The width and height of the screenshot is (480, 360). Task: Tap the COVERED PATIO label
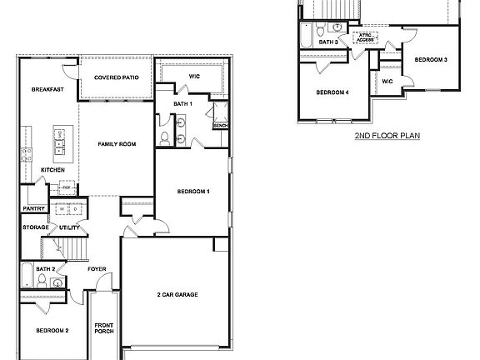coord(116,77)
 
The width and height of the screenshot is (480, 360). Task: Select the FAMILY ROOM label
coord(116,144)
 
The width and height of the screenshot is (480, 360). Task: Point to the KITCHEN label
coord(52,170)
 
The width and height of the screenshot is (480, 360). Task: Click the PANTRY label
coord(33,209)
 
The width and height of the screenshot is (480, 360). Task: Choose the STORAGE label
coord(35,227)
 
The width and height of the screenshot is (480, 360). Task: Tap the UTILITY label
coord(69,227)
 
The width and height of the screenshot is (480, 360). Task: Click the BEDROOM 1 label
coord(193,192)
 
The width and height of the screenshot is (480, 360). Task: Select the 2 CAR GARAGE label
coord(177,294)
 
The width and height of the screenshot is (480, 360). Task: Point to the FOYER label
coord(97,269)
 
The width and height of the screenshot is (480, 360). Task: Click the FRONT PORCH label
coord(103,329)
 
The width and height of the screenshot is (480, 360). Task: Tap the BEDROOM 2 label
coord(52,330)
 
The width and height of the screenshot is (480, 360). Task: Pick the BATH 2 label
coord(45,269)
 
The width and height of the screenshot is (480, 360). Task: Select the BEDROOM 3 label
coord(432,60)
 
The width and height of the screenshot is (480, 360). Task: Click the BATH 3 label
coord(329,42)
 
